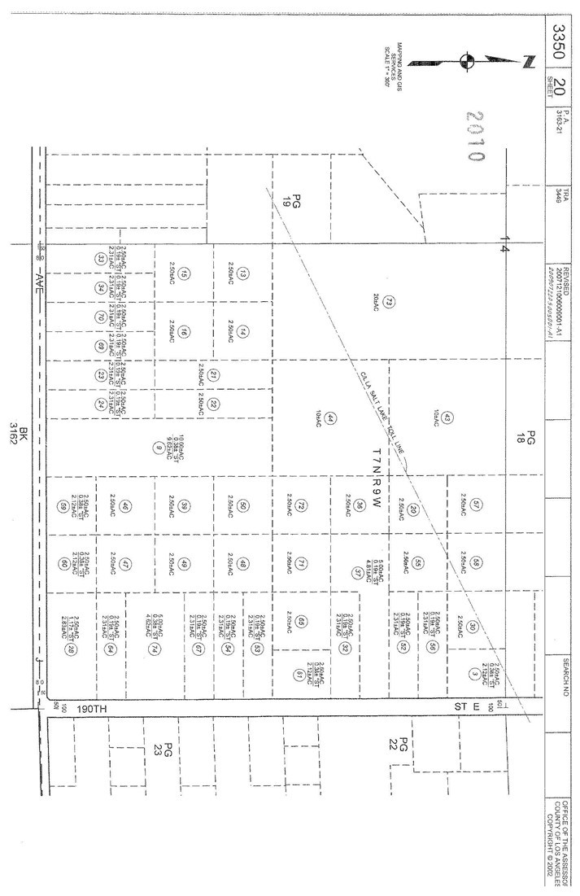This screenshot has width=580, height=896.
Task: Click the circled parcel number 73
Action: coord(389,303)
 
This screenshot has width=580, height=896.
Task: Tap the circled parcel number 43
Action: coord(447,418)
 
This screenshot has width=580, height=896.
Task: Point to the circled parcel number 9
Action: coord(156,446)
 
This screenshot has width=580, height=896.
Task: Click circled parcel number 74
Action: coord(152,649)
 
